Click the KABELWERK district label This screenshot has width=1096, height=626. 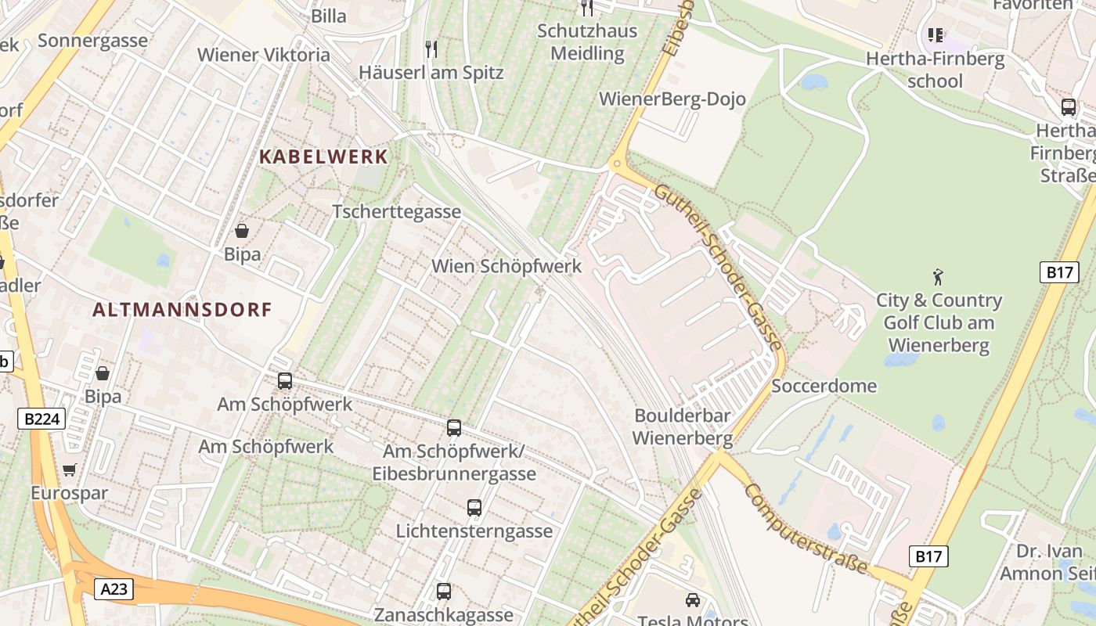click(323, 156)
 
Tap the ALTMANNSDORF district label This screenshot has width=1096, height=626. click(182, 310)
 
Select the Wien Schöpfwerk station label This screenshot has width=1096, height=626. click(507, 266)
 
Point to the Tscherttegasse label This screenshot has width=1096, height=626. click(396, 212)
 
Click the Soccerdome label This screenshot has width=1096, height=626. click(824, 386)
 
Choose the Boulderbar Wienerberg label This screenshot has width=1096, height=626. click(682, 426)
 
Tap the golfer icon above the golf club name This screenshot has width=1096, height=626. click(938, 276)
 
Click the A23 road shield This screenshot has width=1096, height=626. click(114, 589)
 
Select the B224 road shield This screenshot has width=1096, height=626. click(41, 419)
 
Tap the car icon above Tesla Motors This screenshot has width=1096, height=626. click(692, 600)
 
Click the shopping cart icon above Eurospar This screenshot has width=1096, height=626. click(70, 469)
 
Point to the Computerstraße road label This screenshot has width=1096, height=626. click(806, 528)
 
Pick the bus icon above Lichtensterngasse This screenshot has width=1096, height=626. click(474, 507)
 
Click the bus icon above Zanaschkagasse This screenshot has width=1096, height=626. click(444, 592)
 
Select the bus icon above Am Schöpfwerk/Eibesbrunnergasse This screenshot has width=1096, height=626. click(454, 428)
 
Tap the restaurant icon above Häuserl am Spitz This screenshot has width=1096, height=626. click(431, 49)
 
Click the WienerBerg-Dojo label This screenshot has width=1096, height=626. click(672, 99)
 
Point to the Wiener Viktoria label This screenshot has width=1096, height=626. click(264, 55)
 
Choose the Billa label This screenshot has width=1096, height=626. click(329, 16)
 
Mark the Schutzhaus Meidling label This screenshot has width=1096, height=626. click(587, 42)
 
